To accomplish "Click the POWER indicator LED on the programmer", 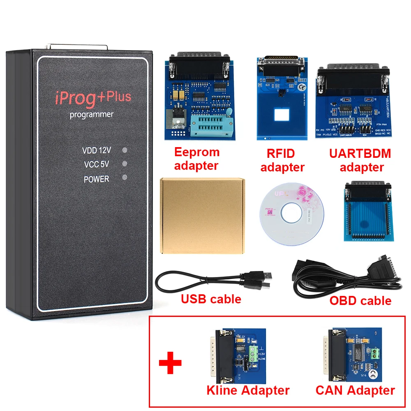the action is pos(125,178).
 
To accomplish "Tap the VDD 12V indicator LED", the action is pos(125,150).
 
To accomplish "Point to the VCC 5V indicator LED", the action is pos(125,164).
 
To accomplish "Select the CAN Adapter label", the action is pos(355,390).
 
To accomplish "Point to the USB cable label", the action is pos(211,299).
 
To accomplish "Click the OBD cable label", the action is pos(360,300).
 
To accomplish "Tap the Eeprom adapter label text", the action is pos(196,159).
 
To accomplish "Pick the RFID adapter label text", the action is pos(282,160).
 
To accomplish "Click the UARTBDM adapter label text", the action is pos(360,160).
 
